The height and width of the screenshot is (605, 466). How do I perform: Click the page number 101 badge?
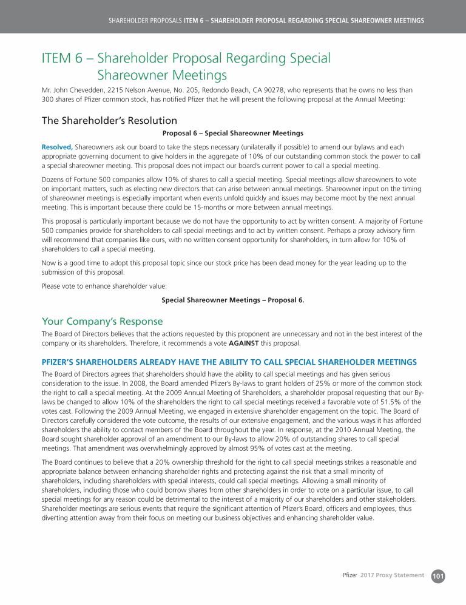coord(438,575)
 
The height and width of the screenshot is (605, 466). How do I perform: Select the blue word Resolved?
coord(56,147)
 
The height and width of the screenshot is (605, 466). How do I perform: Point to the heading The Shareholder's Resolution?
coord(109,120)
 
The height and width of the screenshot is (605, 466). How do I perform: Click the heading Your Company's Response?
coord(102,320)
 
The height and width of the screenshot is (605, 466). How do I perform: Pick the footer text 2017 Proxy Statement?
coord(392,575)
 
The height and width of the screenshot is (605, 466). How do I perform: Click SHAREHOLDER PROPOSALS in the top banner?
coord(144,21)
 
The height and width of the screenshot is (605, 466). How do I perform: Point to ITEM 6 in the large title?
coord(63,58)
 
